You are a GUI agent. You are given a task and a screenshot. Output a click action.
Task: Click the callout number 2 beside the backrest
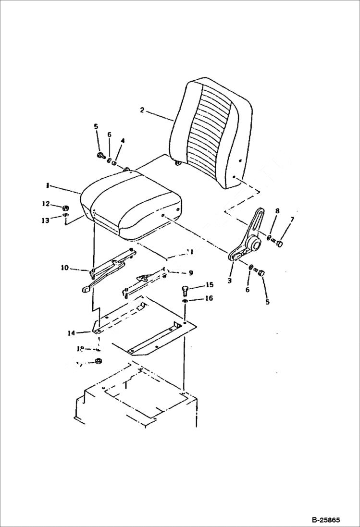point(142,110)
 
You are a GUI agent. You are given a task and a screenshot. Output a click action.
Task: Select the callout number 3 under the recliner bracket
point(230,280)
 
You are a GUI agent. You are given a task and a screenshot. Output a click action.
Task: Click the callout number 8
point(277,211)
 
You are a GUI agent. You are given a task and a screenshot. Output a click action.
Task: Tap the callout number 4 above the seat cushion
point(123,141)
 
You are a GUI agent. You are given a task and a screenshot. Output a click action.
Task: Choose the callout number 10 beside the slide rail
point(64,268)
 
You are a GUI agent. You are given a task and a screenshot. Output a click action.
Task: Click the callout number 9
point(191,272)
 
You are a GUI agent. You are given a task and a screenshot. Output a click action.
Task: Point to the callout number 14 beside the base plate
point(72,332)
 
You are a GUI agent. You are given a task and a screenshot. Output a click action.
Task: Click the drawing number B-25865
point(325,520)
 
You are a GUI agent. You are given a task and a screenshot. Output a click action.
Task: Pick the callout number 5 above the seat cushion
point(96,126)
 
